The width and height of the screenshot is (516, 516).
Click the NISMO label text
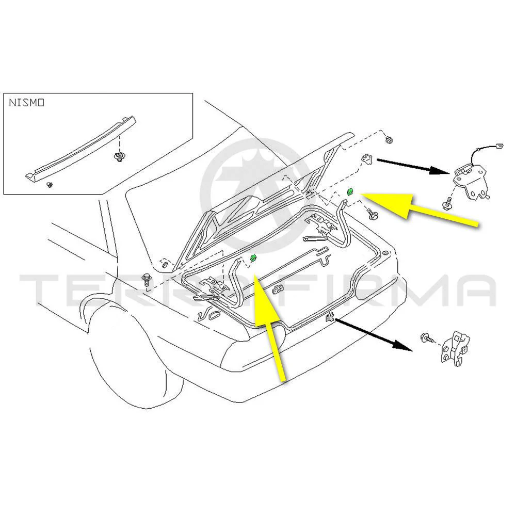[26, 103]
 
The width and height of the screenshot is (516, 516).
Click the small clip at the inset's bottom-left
[49, 184]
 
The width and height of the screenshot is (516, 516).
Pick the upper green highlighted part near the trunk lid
[350, 192]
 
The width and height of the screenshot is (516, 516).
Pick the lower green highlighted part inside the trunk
[253, 258]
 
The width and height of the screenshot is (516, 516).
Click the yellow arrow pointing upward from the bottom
[271, 330]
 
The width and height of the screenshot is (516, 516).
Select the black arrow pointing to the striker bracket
[374, 335]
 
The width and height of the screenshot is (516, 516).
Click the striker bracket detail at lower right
[455, 349]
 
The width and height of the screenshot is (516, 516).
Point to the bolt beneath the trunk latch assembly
[447, 204]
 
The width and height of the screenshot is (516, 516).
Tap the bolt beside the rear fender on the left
[146, 281]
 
